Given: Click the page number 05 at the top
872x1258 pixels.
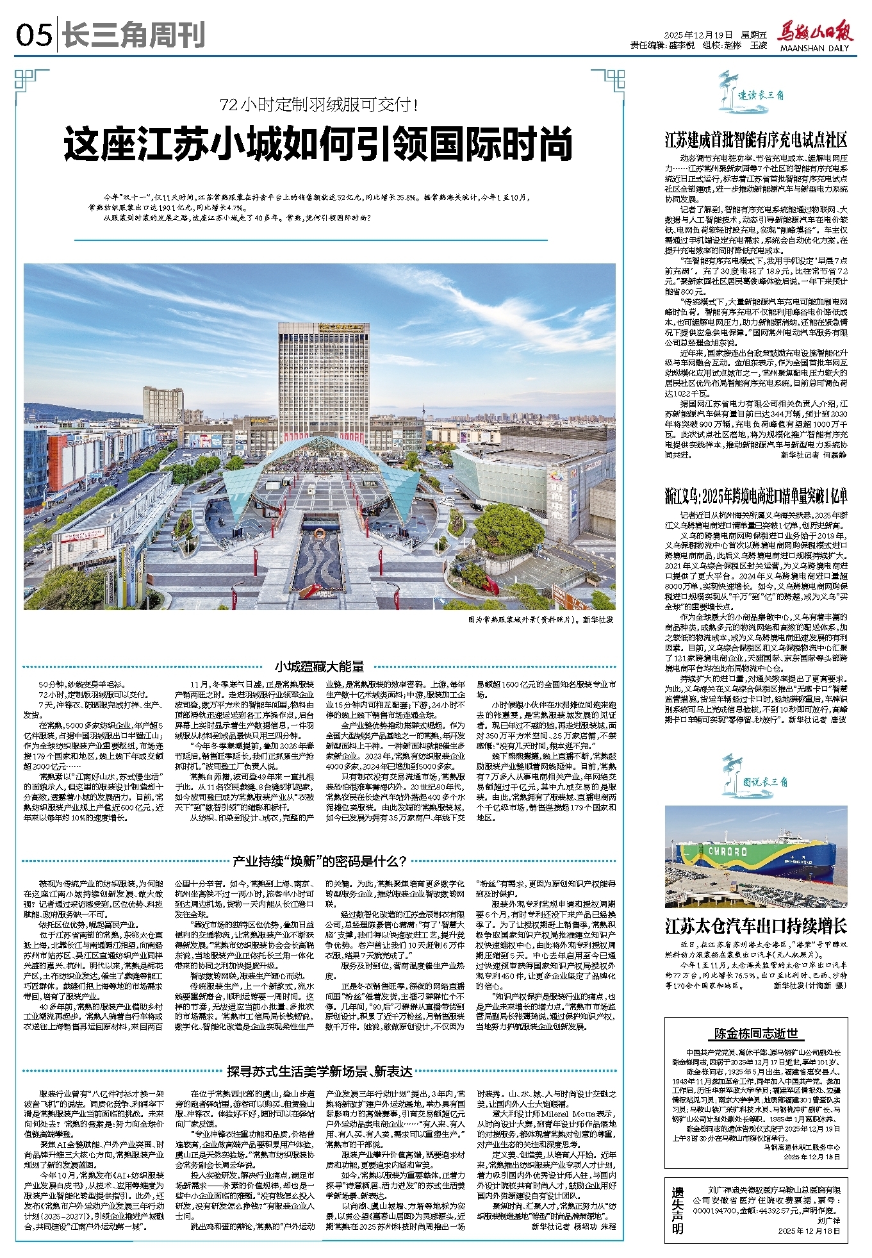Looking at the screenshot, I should click(33, 35).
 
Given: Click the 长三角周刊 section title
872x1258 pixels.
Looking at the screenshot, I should click(133, 35).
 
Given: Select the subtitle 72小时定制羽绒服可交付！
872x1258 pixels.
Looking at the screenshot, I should click(318, 104).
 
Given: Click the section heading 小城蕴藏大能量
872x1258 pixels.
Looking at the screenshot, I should click(319, 667).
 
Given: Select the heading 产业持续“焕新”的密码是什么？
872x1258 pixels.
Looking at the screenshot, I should click(318, 861).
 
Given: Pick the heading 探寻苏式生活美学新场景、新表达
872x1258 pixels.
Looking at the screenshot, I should click(319, 1071).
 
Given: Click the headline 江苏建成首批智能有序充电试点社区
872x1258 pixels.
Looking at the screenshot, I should click(756, 140).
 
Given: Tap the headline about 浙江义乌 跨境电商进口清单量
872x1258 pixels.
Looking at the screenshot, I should click(756, 496).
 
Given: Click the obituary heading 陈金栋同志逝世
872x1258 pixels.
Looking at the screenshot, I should click(756, 1033).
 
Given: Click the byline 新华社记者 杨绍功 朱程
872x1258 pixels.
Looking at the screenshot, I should click(573, 1226).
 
